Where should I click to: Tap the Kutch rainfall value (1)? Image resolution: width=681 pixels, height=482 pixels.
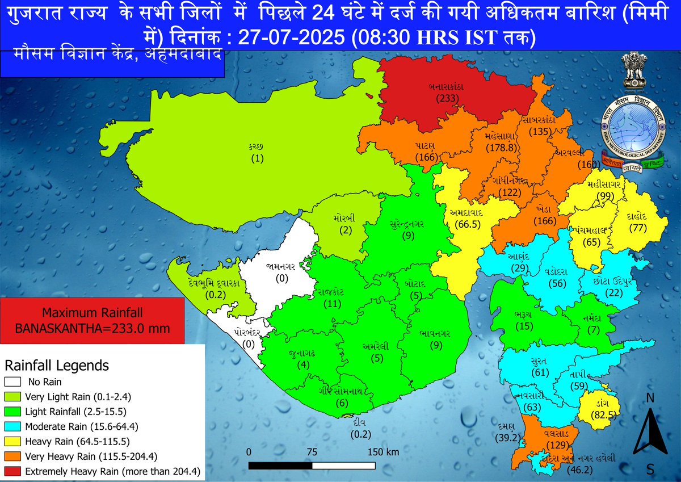click(258, 158)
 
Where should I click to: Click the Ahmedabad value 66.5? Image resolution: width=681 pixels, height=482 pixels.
click(465, 225)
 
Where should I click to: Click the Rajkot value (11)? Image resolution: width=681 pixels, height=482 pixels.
click(331, 304)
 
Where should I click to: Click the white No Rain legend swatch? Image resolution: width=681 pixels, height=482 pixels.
click(12, 382)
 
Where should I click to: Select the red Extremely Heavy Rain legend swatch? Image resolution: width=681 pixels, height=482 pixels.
click(12, 471)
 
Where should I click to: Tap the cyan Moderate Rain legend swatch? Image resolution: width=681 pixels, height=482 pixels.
click(12, 426)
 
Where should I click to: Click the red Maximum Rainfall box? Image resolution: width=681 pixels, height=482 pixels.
click(93, 321)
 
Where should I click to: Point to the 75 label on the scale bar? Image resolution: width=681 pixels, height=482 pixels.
click(311, 452)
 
